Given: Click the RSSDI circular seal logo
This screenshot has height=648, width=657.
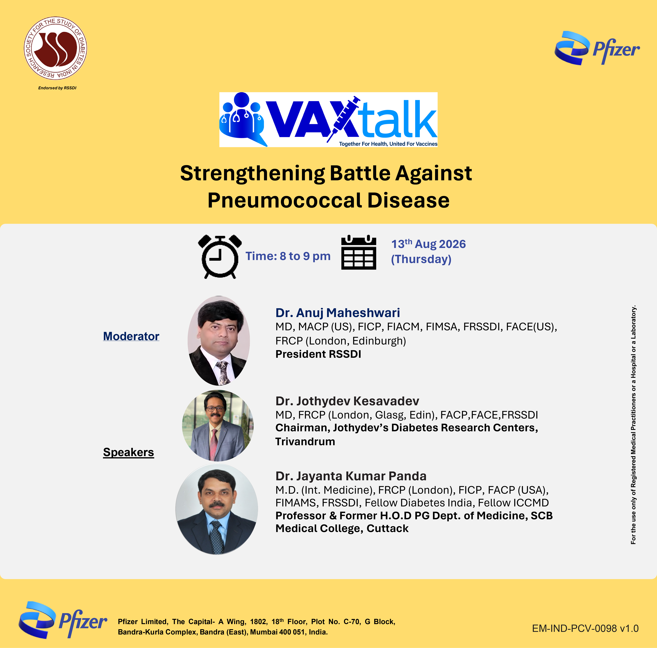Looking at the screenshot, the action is pyautogui.click(x=55, y=48).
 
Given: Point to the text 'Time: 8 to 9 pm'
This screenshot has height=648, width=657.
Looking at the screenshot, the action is pyautogui.click(x=288, y=256).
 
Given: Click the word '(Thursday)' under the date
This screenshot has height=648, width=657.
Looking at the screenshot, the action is pyautogui.click(x=421, y=259).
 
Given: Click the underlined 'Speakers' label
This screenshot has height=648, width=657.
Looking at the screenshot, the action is pyautogui.click(x=129, y=452).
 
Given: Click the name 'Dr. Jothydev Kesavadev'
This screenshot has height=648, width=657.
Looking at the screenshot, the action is pyautogui.click(x=347, y=401).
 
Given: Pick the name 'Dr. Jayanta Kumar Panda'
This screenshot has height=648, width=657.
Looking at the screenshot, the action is pyautogui.click(x=351, y=476).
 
